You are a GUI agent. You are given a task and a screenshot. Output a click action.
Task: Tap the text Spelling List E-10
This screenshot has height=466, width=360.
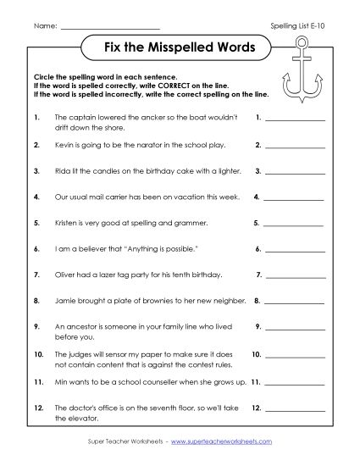[x=302, y=27]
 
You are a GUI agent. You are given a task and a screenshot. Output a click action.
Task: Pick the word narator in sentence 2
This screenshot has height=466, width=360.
[x=146, y=145]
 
